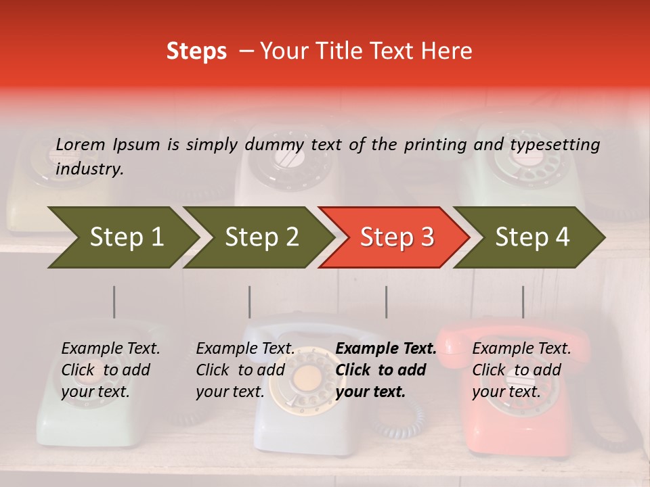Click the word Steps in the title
[196, 51]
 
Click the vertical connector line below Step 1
[114, 302]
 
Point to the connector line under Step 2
[249, 302]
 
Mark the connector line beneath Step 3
[386, 302]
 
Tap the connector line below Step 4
[523, 302]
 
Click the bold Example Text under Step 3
[386, 349]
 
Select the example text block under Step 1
[110, 370]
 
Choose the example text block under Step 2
[245, 370]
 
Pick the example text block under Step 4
[521, 370]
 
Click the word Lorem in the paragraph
[81, 144]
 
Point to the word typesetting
[555, 145]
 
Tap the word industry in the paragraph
[89, 168]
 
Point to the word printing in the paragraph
[434, 145]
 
